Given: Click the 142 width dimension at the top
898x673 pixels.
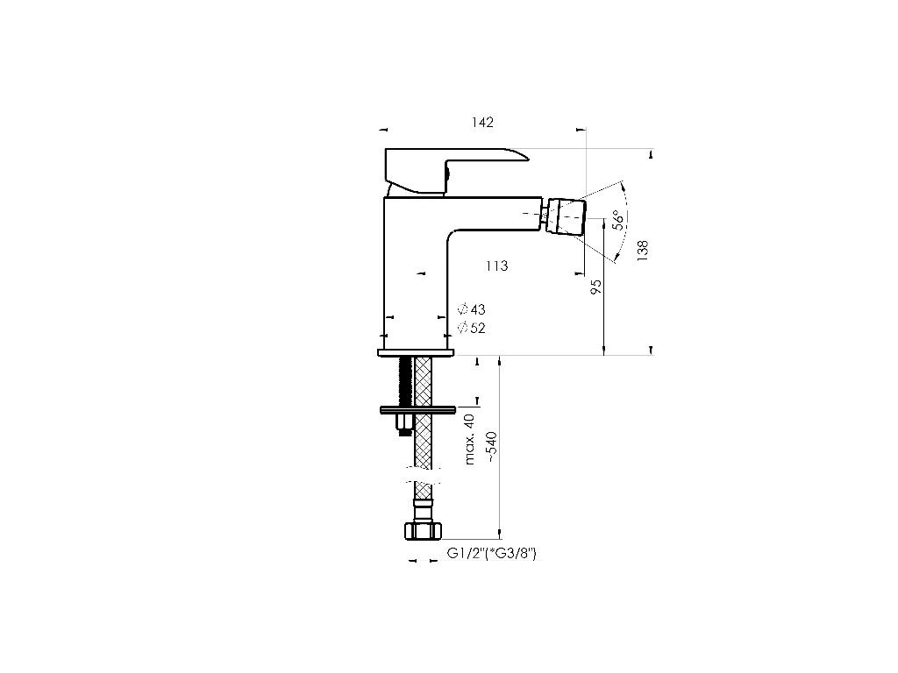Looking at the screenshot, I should pos(481,123).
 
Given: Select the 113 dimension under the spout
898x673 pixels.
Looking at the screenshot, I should pos(496,266).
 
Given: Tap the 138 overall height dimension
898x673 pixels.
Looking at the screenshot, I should pos(643,251).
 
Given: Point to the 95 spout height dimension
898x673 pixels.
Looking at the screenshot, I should pos(596,287).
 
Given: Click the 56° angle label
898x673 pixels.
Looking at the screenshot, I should pos(619,220).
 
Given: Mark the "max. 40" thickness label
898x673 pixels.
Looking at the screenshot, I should pos(470,438).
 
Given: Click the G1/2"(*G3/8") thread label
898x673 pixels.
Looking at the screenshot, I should pos(492,553).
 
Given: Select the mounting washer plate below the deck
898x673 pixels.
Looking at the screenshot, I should pos(417,409).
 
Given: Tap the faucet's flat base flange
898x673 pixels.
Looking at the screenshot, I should pos(416,352).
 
